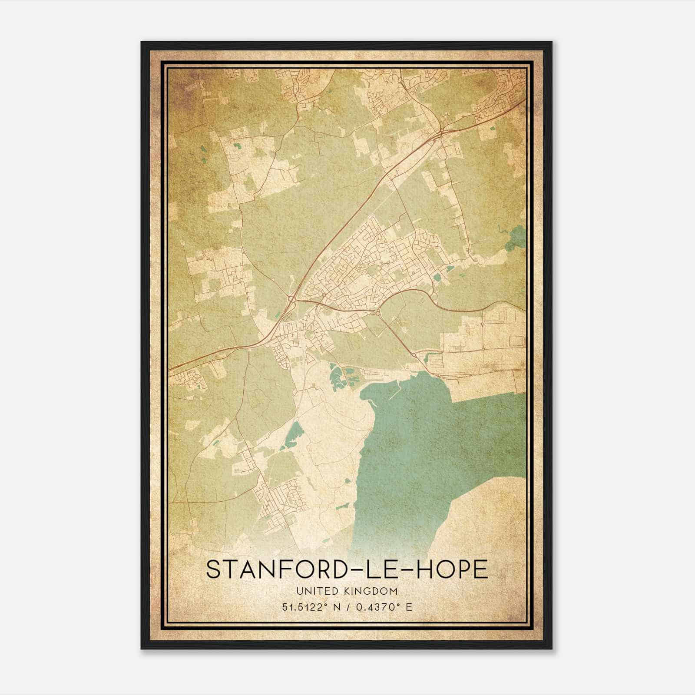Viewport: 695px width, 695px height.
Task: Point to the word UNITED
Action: tap(316, 591)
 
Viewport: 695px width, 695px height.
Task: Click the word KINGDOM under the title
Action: tap(374, 591)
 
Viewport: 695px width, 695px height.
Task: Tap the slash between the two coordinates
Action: tap(346, 607)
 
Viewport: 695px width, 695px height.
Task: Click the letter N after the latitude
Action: tap(335, 607)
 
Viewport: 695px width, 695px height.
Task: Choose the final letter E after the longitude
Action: tap(409, 607)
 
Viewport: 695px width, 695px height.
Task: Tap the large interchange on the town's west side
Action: tap(292, 299)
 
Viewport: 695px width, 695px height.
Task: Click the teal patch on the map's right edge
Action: tap(517, 238)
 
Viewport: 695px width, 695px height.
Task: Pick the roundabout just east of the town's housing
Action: tap(378, 313)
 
